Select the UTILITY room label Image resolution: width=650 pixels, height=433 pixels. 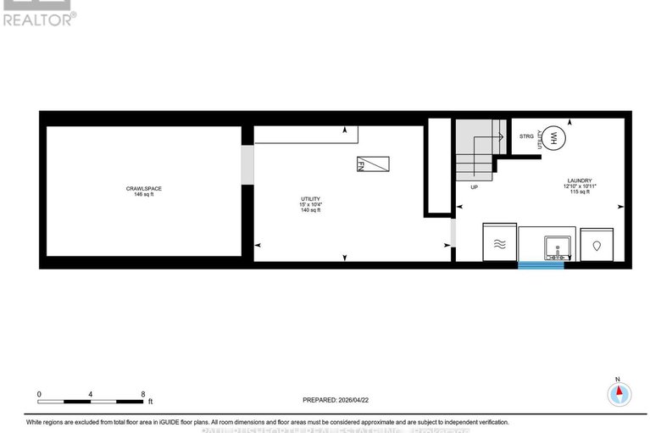pyautogui.click(x=310, y=198)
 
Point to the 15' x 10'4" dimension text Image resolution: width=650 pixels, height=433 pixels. pyautogui.click(x=310, y=205)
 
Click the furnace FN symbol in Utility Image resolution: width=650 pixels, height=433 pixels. pyautogui.click(x=374, y=164)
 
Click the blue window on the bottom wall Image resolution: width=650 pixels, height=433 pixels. pyautogui.click(x=541, y=265)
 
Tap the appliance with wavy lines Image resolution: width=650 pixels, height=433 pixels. pyautogui.click(x=499, y=244)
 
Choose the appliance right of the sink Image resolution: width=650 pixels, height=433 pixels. pyautogui.click(x=597, y=244)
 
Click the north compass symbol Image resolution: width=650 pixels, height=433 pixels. pyautogui.click(x=619, y=392)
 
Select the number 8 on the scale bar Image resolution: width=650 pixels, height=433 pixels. pyautogui.click(x=143, y=394)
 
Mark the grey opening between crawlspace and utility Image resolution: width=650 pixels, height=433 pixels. pyautogui.click(x=247, y=164)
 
